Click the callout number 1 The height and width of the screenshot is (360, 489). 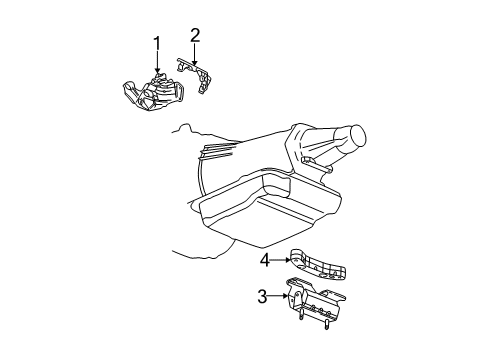point(156,42)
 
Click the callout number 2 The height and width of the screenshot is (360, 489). point(195,36)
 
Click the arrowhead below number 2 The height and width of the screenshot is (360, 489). point(195,64)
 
